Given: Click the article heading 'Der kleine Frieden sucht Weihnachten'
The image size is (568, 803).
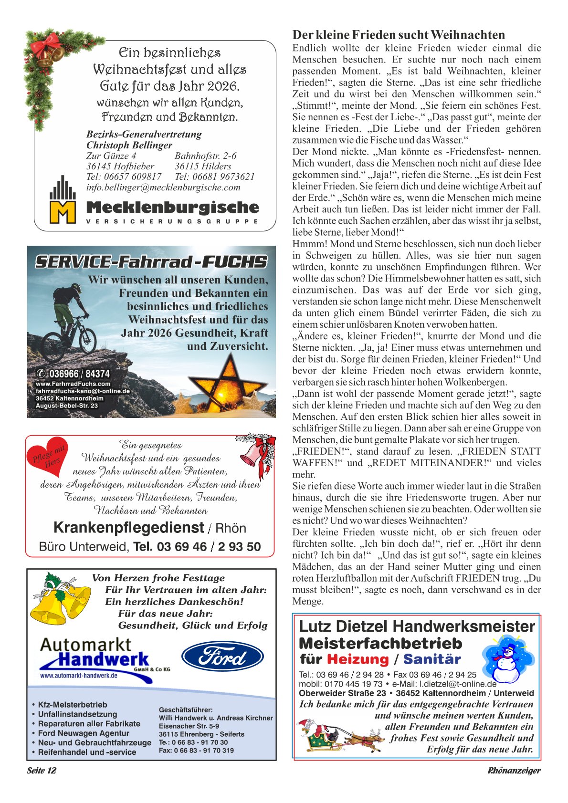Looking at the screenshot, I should pos(399,35).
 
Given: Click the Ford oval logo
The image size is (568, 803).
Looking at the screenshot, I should pos(222,657).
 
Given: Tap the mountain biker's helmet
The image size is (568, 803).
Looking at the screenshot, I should pos(74,288).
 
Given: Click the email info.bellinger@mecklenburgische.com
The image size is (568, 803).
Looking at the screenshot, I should pos(163,188).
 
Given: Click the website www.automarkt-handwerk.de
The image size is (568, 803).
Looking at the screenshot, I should pos(78,676).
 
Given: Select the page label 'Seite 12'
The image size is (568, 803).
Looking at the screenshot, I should pos(42,771).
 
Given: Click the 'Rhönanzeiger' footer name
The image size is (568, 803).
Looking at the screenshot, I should pos(514,771).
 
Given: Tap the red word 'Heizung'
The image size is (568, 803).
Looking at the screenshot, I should pos(358,659).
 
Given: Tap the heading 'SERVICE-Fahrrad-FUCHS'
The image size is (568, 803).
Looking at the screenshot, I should pos(151,262).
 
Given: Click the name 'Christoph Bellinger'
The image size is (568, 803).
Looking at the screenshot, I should pos(129,145).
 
